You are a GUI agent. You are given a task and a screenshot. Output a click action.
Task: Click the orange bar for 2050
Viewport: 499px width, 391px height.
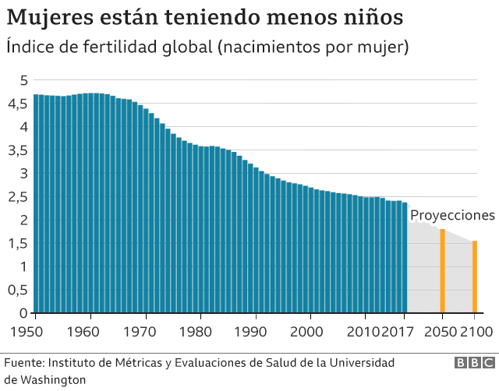442,271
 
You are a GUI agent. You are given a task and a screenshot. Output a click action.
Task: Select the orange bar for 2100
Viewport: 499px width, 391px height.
475,277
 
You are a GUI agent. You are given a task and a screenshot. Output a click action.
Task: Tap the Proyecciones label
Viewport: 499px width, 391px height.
452,215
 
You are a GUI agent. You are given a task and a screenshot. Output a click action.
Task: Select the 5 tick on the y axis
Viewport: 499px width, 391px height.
24,80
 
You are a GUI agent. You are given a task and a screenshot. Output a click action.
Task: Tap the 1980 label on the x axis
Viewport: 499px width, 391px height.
200,332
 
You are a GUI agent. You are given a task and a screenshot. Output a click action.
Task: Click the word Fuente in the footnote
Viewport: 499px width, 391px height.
24,364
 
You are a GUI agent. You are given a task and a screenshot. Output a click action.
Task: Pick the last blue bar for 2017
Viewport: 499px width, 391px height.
404,258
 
